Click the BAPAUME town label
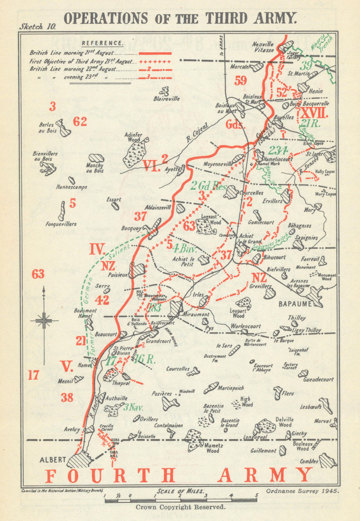coord(295,304)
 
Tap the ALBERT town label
coord(53,460)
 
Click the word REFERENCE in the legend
coord(103,43)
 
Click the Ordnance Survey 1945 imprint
coord(302,490)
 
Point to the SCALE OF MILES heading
coord(180,491)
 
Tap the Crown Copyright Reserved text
coord(180,507)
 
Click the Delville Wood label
coord(284,422)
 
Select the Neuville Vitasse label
coord(263,47)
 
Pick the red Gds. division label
coord(236,125)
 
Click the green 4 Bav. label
coord(183,248)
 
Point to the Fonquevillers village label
coord(61,224)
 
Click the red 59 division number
coord(240,81)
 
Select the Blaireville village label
coord(166,98)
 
